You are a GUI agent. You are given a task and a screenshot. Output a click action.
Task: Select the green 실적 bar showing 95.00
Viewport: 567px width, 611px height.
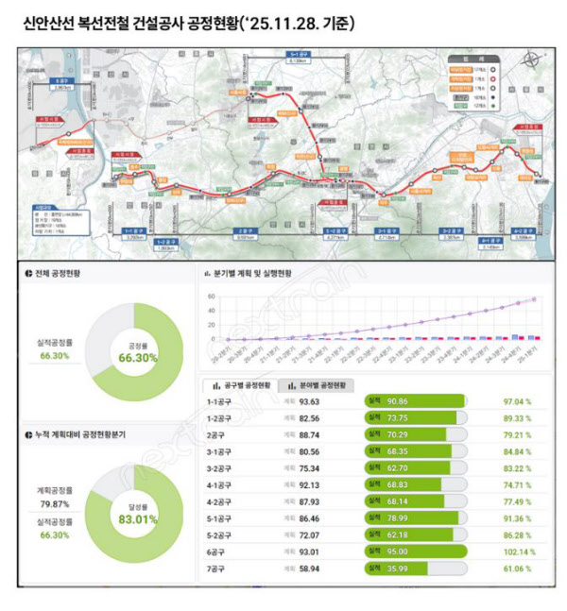[416, 552]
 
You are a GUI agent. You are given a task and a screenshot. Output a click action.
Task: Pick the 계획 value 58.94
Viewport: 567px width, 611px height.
[311, 570]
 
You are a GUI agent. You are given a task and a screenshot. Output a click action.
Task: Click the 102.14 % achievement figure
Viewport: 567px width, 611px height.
[518, 552]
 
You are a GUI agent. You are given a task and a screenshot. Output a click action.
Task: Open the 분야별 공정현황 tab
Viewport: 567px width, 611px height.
[318, 385]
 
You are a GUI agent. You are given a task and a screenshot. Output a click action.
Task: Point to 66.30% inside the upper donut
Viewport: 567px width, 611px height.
[133, 358]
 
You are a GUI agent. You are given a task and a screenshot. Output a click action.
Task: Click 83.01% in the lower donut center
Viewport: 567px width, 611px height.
[133, 518]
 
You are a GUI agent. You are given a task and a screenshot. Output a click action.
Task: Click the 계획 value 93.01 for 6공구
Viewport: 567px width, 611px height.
[311, 552]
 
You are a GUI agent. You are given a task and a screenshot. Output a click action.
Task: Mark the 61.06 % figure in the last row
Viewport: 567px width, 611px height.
[519, 570]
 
